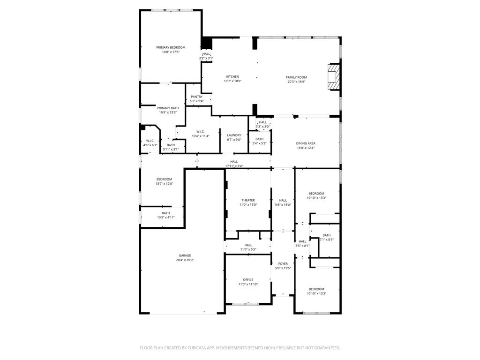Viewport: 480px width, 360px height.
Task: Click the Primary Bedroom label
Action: pos(171,47)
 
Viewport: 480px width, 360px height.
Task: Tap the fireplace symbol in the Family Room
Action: pos(333,76)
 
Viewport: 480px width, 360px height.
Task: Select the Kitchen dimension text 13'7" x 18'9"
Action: pos(232,81)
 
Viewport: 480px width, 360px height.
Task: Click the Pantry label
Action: pos(196,97)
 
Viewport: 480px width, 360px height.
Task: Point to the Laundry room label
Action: pos(234,135)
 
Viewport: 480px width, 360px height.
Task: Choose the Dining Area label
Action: pos(305,143)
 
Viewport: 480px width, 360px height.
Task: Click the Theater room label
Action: pos(248,200)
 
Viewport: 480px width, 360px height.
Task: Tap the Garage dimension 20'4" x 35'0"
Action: pos(185,260)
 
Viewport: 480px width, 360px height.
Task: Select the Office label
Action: pos(248,280)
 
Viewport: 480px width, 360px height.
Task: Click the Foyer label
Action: pos(283,263)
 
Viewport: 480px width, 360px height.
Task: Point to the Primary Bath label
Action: pos(168,108)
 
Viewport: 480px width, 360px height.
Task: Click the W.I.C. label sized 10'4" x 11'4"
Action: pos(200,132)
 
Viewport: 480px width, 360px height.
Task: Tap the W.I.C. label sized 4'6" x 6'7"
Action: pos(150,141)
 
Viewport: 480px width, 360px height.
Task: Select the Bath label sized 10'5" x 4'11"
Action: pos(166,213)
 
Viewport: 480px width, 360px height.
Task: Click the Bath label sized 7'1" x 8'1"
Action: pos(326,235)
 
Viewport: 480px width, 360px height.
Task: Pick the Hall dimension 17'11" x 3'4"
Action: pos(234,166)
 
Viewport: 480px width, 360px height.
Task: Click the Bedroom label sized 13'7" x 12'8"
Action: pos(164,179)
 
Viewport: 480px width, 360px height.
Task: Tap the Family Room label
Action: pos(296,77)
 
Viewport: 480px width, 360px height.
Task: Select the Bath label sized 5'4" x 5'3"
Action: pos(259,139)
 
